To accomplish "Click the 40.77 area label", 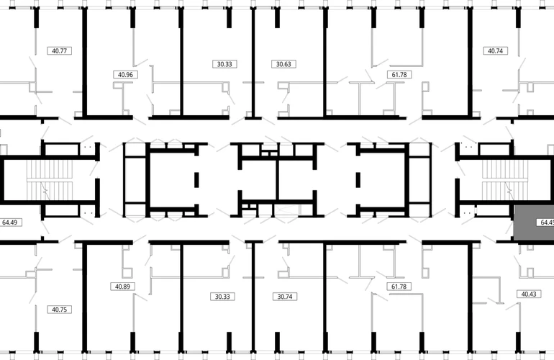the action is [x=59, y=50].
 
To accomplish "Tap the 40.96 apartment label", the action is [x=125, y=75].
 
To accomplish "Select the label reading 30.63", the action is [x=283, y=64].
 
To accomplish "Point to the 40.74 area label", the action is [x=495, y=50].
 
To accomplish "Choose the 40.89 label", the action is [x=122, y=287].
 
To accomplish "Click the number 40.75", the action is [x=59, y=310].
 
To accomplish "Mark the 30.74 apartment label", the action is [x=285, y=297].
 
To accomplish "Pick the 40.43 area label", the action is [x=529, y=294].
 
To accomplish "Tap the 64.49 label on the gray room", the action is [x=546, y=222].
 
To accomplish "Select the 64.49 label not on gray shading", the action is [x=10, y=222].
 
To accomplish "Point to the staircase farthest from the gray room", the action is [x=50, y=180].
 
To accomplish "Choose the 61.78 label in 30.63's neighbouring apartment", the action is [x=399, y=75].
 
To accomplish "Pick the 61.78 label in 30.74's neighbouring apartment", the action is [x=399, y=287].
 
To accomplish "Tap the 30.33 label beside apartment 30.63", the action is [x=224, y=64].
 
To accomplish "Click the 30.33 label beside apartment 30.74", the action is [x=222, y=297].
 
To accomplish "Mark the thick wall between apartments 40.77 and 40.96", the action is [x=85, y=62].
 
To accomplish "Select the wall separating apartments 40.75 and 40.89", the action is [x=85, y=298].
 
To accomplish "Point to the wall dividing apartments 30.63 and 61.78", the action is [x=325, y=62].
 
